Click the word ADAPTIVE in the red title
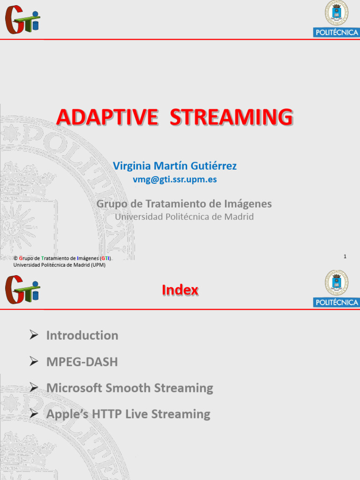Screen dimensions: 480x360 tap(107, 118)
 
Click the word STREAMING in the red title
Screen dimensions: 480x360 tap(231, 118)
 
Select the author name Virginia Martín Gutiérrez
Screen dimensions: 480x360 tap(175, 166)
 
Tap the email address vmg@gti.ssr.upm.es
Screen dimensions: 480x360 tap(175, 180)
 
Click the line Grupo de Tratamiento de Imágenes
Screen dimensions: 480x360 tap(184, 204)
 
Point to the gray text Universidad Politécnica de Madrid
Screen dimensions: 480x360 tap(184, 217)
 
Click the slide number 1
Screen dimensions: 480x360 tap(345, 256)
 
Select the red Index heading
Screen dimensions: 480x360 tap(180, 291)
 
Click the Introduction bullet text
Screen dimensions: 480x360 tap(82, 336)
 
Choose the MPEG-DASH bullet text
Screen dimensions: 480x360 tap(82, 362)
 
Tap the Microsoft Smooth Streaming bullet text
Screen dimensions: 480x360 tap(129, 388)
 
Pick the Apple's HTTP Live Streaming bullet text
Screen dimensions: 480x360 tap(128, 414)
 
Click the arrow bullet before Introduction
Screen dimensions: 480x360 tap(33, 335)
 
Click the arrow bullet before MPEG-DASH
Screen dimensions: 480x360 tap(33, 361)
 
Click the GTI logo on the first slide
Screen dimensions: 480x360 tap(22, 20)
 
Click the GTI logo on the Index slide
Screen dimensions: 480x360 tap(22, 289)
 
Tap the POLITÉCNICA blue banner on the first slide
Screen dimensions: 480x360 tap(337, 32)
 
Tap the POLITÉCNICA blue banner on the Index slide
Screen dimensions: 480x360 tap(337, 302)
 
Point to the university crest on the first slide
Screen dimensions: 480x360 tap(337, 13)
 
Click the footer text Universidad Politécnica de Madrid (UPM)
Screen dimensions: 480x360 tap(60, 265)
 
